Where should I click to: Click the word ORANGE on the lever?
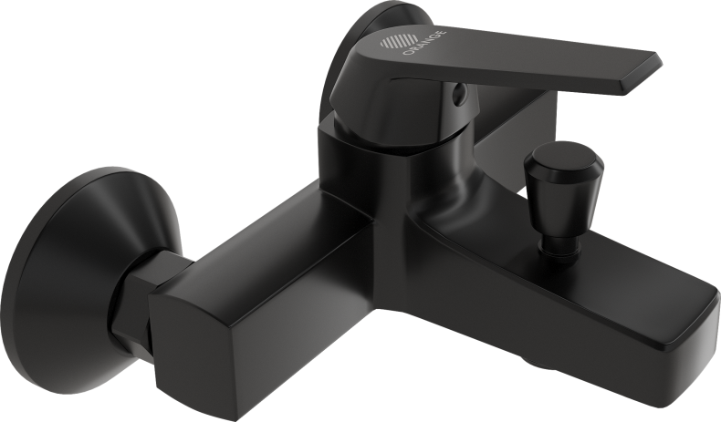424,42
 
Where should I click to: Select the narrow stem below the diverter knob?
553,240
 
